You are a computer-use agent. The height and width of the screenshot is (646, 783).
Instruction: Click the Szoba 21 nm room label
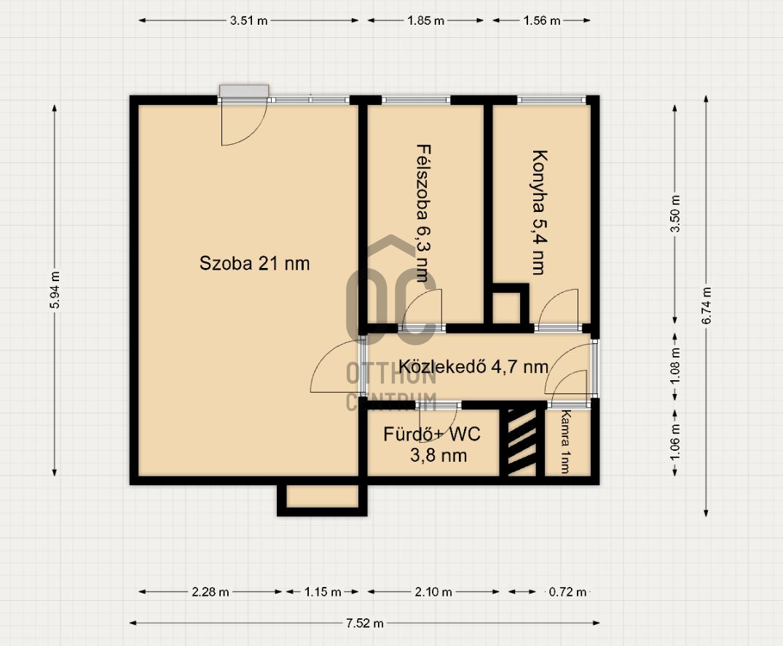coord(254,263)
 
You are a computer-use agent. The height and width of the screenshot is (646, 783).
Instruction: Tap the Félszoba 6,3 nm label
coord(422,213)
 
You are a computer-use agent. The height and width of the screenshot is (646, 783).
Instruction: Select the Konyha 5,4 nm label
coord(538,212)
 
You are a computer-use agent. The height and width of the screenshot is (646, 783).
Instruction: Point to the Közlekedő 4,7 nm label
coord(473,367)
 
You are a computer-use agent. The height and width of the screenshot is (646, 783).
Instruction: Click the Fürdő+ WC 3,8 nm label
coord(433,444)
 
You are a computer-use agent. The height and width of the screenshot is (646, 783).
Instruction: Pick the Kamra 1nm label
coord(565,441)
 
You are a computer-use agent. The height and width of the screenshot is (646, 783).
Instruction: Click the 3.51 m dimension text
coord(248,20)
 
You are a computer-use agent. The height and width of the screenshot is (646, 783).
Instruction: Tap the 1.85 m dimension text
coord(425,20)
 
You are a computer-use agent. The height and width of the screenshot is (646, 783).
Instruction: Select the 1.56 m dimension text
coord(542,20)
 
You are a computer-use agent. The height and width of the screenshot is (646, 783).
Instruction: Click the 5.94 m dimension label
coord(55,290)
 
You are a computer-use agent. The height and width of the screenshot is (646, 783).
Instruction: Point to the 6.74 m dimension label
coord(706,306)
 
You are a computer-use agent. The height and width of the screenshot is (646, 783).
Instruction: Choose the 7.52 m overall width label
coord(364,623)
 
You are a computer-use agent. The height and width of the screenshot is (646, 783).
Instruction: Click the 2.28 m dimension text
coord(210,592)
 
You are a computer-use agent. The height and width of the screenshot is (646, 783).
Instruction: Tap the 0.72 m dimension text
coord(568,592)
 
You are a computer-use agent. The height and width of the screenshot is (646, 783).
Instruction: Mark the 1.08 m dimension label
coord(675,366)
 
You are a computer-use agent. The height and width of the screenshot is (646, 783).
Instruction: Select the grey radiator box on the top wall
coord(244,90)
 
